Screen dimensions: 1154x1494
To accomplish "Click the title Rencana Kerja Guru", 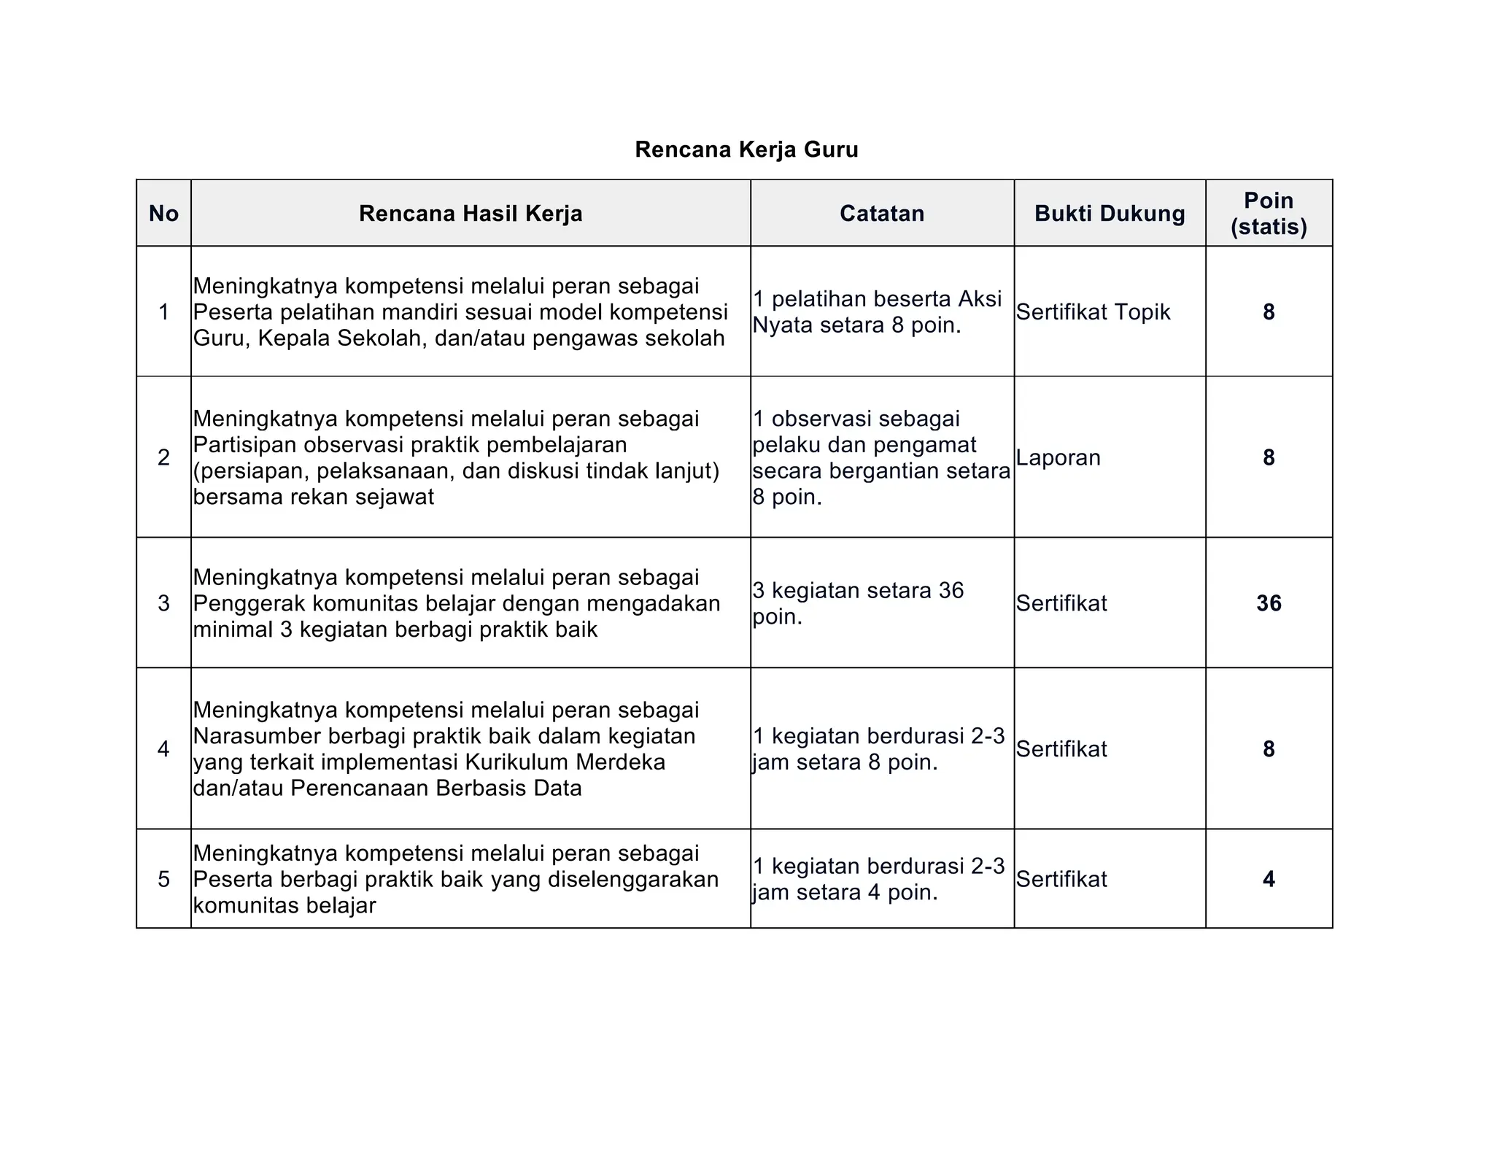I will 746,150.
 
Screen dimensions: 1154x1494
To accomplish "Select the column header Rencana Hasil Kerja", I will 471,214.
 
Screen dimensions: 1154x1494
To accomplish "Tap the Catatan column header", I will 881,214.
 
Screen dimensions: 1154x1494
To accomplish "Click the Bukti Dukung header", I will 1109,214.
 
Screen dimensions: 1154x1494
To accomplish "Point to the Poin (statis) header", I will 1268,213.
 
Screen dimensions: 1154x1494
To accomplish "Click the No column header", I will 163,214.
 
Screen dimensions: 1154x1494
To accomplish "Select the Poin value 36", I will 1268,603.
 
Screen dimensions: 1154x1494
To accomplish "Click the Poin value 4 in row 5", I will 1268,879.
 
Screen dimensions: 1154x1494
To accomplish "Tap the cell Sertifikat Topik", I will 1092,312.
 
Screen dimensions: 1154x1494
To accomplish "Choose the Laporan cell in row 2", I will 1058,457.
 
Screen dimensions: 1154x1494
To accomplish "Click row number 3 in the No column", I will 163,603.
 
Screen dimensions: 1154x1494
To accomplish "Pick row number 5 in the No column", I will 163,879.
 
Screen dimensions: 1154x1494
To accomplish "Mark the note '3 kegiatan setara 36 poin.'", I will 857,603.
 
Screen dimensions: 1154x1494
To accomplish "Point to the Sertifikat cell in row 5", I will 1061,879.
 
